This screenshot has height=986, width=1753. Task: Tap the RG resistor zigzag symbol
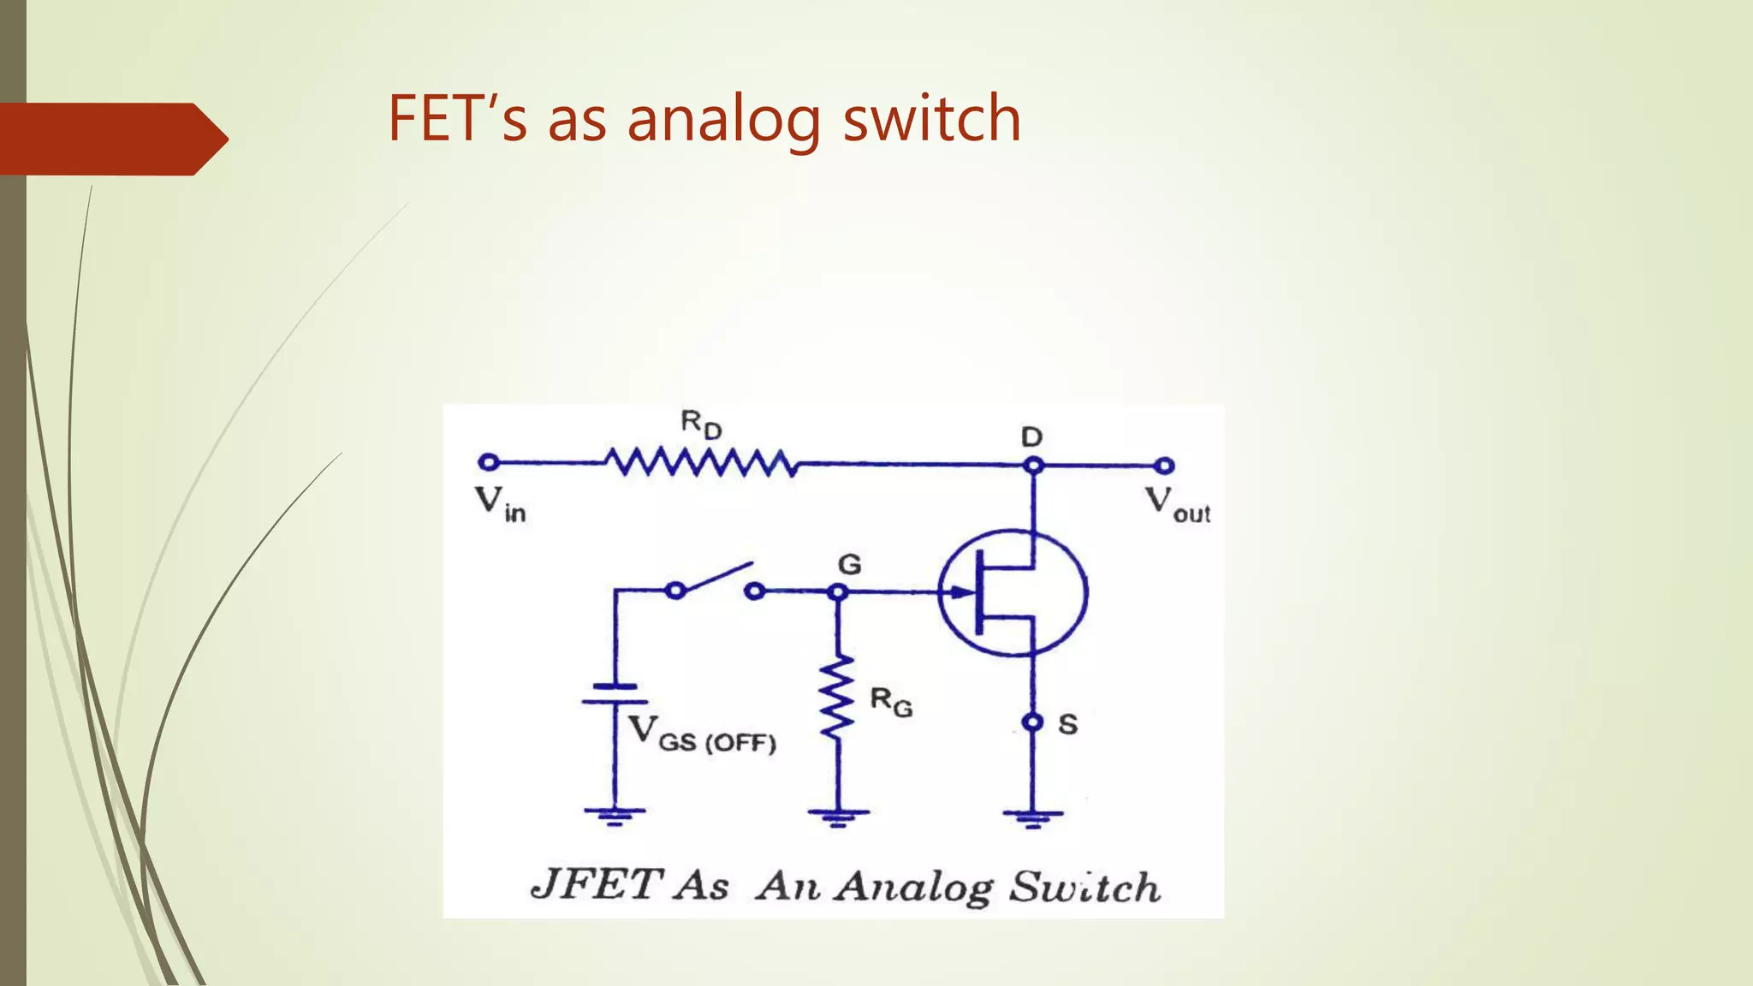pos(837,697)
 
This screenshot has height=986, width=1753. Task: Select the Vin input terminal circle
pos(488,462)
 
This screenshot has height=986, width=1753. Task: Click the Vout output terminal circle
pos(1163,466)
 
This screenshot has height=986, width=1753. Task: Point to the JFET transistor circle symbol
pos(1013,592)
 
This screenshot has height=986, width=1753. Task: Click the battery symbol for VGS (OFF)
pos(613,694)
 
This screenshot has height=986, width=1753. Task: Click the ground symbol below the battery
pos(614,815)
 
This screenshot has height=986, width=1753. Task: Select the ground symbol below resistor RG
pos(838,816)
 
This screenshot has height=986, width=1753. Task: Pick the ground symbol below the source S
pos(1033,817)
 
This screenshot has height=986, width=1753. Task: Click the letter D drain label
pos(1031,437)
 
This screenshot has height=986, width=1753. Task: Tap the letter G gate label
pos(849,564)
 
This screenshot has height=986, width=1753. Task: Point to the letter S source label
pos(1067,725)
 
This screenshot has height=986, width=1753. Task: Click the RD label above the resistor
pos(701,424)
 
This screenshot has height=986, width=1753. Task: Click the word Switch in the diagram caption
pos(1084,887)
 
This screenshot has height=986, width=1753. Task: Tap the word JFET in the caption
pos(597,884)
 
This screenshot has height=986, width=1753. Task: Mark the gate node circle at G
pos(838,591)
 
